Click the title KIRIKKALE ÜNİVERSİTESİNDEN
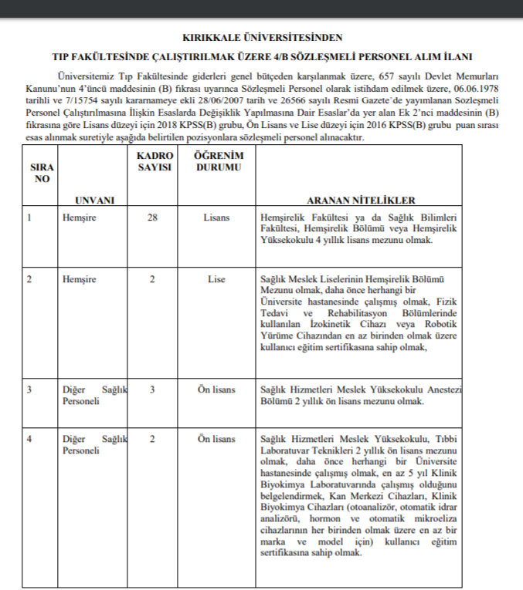(261, 36)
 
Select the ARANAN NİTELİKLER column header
(361, 200)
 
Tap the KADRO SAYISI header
(152, 161)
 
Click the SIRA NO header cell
(42, 173)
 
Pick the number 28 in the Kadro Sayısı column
(152, 217)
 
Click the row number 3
(29, 389)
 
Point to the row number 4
(29, 439)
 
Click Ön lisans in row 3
(216, 389)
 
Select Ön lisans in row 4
(216, 439)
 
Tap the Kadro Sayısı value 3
(152, 389)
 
